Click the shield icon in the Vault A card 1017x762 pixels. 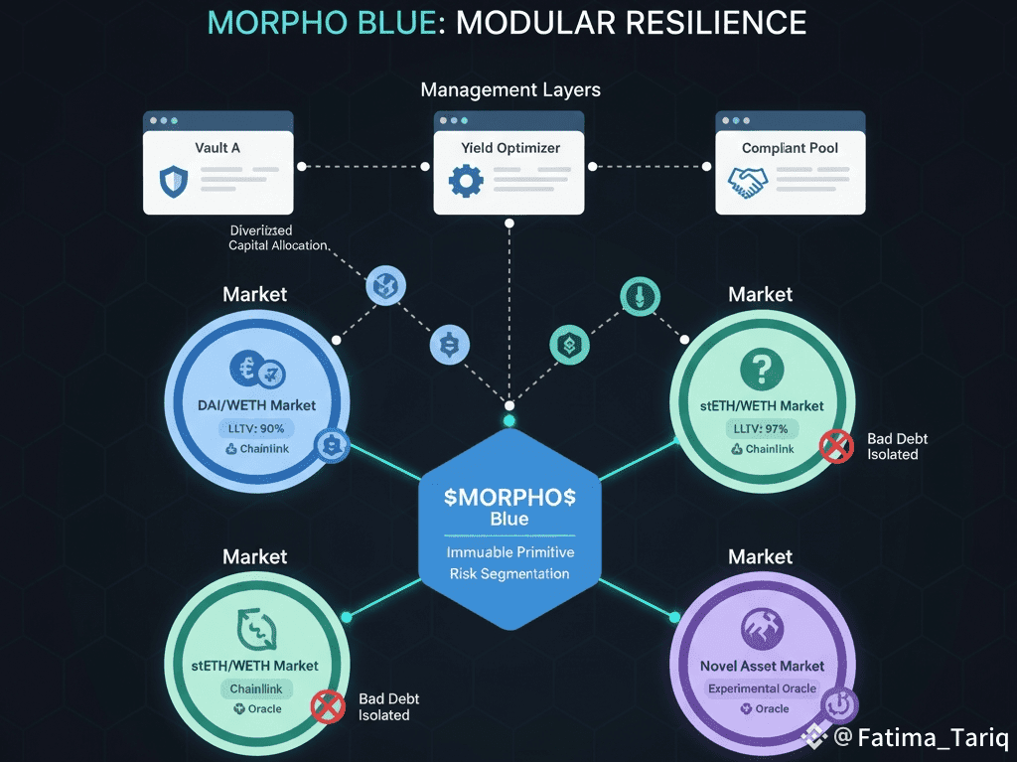pyautogui.click(x=173, y=181)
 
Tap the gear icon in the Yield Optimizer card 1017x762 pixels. pyautogui.click(x=465, y=181)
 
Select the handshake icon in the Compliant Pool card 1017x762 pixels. pyautogui.click(x=747, y=181)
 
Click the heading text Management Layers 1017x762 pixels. pyautogui.click(x=510, y=90)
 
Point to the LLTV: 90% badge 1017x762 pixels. pyautogui.click(x=255, y=428)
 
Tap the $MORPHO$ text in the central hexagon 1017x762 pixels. pyautogui.click(x=509, y=497)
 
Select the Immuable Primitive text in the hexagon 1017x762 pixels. pyautogui.click(x=509, y=551)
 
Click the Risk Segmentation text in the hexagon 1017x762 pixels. pyautogui.click(x=509, y=573)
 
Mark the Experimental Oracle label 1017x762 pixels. pyautogui.click(x=762, y=688)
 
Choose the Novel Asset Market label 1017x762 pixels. pyautogui.click(x=762, y=666)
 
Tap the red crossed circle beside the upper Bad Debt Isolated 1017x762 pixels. pyautogui.click(x=837, y=446)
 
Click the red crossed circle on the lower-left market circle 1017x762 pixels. pyautogui.click(x=327, y=706)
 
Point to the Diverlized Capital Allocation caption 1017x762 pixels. pyautogui.click(x=278, y=237)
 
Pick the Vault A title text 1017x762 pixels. pyautogui.click(x=218, y=148)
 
